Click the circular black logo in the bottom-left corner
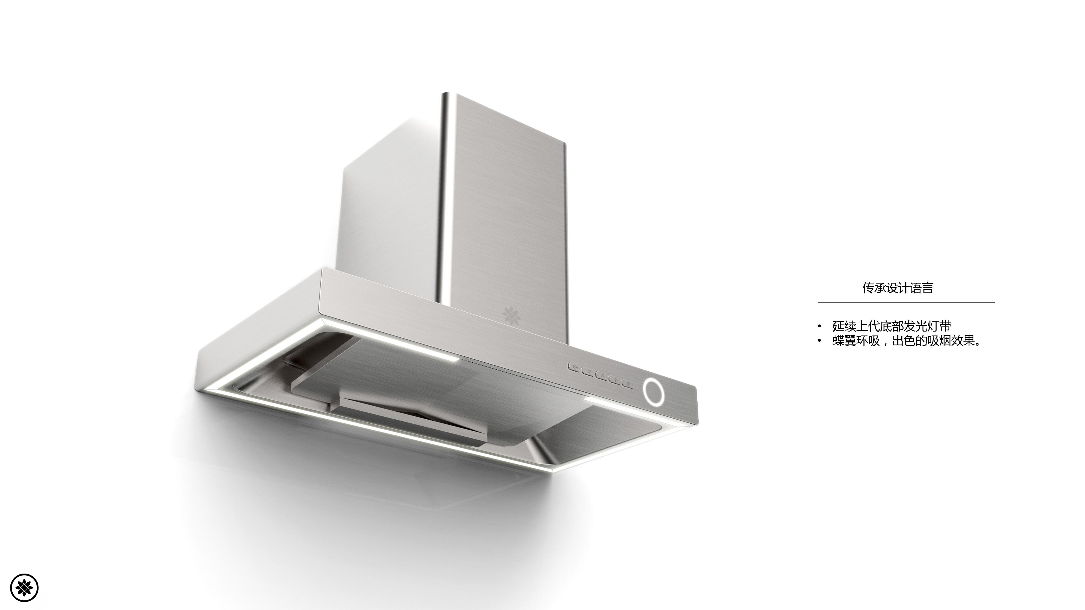[x=24, y=587]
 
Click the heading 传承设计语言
[x=898, y=288]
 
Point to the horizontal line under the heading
[x=906, y=302]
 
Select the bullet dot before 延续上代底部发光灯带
[x=819, y=326]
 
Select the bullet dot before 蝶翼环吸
[x=819, y=341]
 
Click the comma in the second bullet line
[x=886, y=343]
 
